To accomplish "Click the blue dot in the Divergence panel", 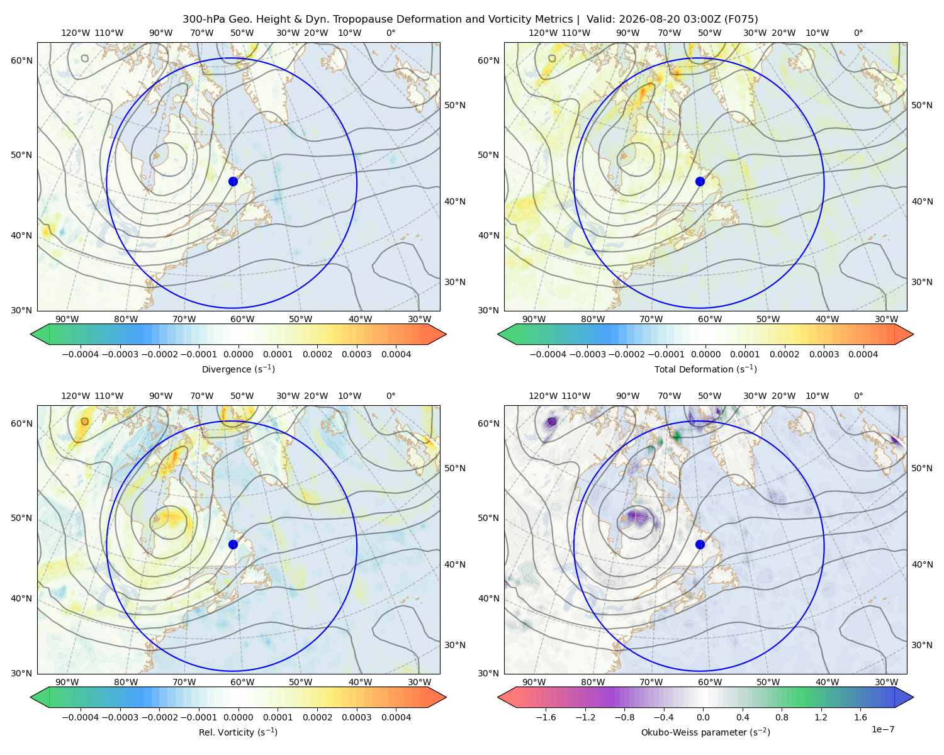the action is tap(233, 181).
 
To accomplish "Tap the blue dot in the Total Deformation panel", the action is tap(700, 181).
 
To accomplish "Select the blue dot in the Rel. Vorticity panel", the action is tap(233, 544).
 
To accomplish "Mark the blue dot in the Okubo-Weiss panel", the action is tap(700, 544).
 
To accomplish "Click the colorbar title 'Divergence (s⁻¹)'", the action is tap(238, 369).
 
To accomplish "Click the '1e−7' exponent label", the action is tap(882, 729).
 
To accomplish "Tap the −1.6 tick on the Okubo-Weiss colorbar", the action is tap(546, 717).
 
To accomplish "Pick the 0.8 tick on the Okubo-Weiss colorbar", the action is tap(782, 717).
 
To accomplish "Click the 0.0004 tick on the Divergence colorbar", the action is tap(396, 354).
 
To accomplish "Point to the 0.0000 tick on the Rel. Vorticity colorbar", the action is tap(238, 717).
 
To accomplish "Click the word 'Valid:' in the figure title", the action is tap(600, 20).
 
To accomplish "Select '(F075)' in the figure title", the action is tap(741, 20).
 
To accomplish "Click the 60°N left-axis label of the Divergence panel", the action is tap(21, 60).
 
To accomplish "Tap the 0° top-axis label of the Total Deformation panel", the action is tap(858, 33).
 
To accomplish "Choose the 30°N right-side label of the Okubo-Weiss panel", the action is tap(922, 645).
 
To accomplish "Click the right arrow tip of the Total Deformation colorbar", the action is tap(913, 334).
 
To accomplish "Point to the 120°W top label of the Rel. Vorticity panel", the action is tap(76, 396).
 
